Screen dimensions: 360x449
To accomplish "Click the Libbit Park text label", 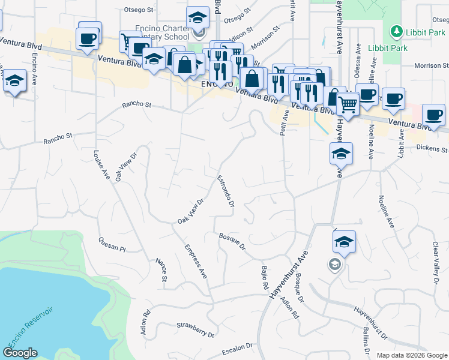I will (425, 32).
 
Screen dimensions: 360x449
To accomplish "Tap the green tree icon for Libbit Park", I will (396, 31).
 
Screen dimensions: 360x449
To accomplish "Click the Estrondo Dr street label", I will (224, 191).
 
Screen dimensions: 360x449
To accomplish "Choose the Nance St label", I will (160, 269).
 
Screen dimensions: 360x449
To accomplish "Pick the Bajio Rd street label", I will (264, 278).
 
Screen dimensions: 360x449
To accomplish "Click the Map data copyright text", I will (411, 355).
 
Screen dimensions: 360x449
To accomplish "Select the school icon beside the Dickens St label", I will (340, 154).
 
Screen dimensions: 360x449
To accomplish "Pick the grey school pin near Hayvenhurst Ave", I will (334, 264).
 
